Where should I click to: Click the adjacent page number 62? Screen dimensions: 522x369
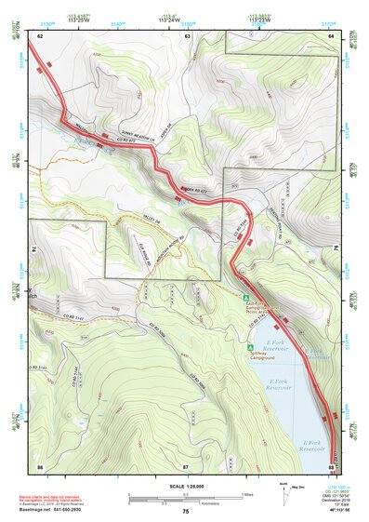[x=40, y=35]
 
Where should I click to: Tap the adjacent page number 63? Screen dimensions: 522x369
[x=187, y=35]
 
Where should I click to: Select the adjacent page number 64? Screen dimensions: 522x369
[x=331, y=35]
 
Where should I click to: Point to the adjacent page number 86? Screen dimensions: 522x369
[x=40, y=464]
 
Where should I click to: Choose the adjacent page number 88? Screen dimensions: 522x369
[x=331, y=464]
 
